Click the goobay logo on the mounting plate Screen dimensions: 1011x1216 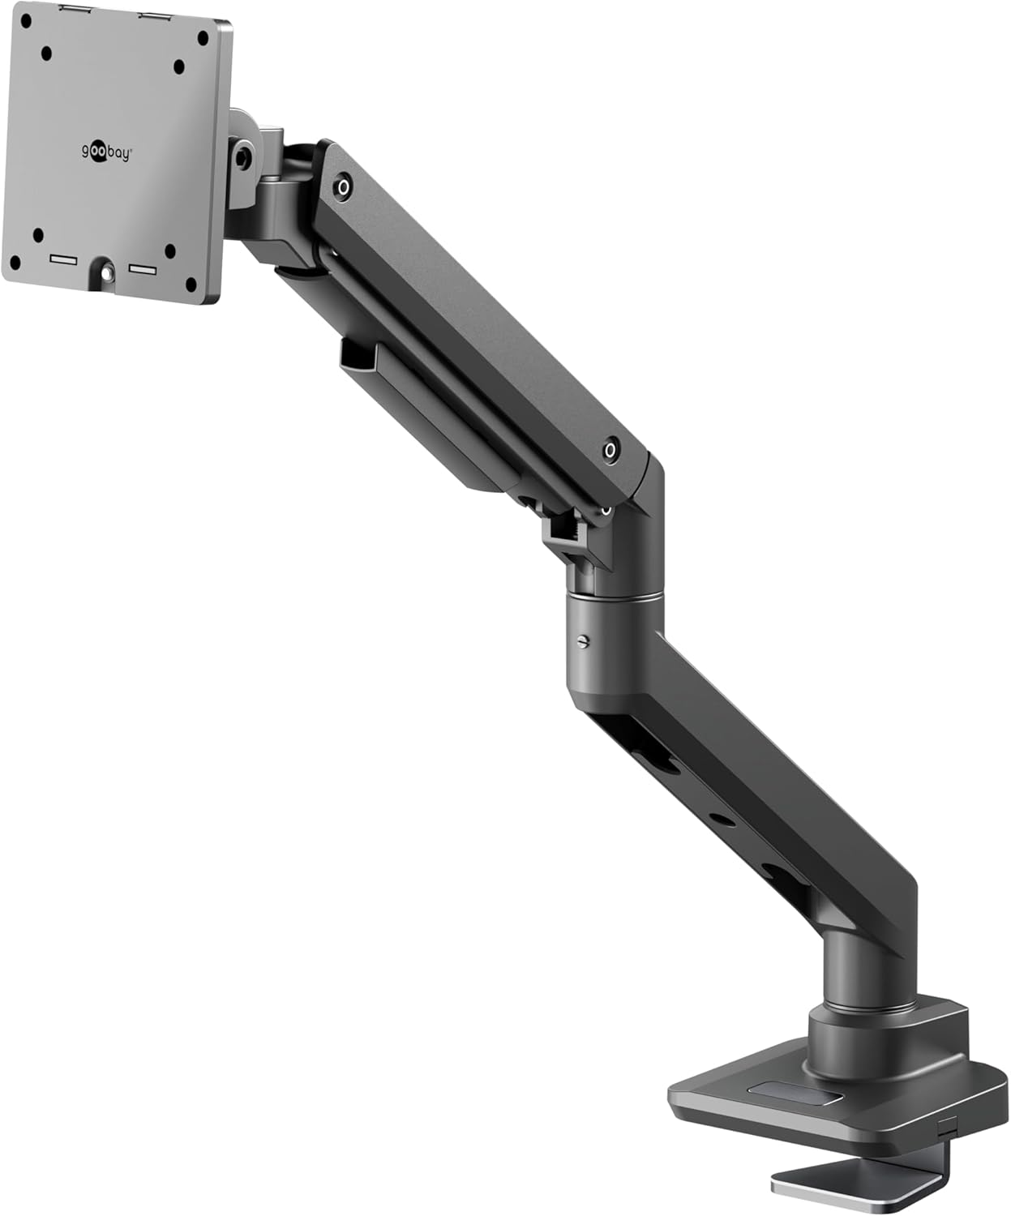105,152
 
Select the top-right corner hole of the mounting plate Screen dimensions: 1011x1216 203,39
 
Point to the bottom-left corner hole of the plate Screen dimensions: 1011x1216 16,262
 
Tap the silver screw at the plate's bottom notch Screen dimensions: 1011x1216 108,270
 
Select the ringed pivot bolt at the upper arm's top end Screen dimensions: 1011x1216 344,187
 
